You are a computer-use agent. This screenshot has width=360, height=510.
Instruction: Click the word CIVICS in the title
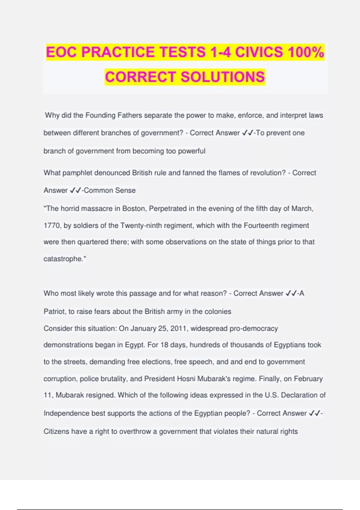point(259,52)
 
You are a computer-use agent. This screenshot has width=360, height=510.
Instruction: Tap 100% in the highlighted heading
point(306,52)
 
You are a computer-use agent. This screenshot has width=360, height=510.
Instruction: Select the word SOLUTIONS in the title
point(223,77)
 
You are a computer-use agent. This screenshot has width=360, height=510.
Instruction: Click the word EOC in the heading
point(62,52)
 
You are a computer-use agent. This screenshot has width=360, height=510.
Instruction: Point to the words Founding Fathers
point(114,115)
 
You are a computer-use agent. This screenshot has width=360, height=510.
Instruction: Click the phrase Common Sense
point(110,190)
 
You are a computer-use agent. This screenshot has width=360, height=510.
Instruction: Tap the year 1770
point(52,226)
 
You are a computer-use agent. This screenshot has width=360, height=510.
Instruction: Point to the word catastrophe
point(63,259)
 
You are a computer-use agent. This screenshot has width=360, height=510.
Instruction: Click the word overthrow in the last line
point(135,432)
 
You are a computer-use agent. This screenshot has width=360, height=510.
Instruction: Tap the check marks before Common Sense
point(75,190)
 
